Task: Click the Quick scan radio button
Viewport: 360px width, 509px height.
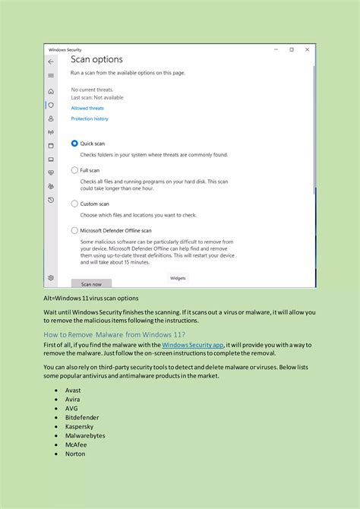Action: click(x=74, y=143)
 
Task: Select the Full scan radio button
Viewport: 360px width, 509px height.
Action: click(x=74, y=170)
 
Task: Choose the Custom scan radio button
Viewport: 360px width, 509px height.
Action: click(x=74, y=204)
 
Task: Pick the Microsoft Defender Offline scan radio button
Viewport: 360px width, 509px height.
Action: click(x=74, y=230)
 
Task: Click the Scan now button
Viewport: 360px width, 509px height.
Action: click(x=91, y=283)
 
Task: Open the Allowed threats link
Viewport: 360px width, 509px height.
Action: click(x=87, y=108)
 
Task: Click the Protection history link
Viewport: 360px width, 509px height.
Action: click(x=90, y=119)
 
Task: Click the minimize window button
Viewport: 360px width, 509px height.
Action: click(x=275, y=49)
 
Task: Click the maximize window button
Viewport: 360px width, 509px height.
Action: click(x=292, y=49)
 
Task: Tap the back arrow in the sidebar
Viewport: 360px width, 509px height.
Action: click(x=51, y=62)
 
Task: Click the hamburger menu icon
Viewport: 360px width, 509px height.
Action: click(x=51, y=75)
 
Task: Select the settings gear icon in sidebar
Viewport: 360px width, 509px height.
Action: click(x=51, y=278)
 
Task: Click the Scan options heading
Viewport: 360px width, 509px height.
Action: click(x=96, y=59)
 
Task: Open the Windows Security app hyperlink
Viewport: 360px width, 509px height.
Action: click(x=192, y=345)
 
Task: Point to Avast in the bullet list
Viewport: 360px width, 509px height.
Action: click(x=72, y=390)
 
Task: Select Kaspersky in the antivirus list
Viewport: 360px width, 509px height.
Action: click(x=78, y=426)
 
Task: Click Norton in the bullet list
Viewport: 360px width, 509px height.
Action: click(x=74, y=454)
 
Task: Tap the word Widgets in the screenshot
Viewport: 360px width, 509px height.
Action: click(x=178, y=278)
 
